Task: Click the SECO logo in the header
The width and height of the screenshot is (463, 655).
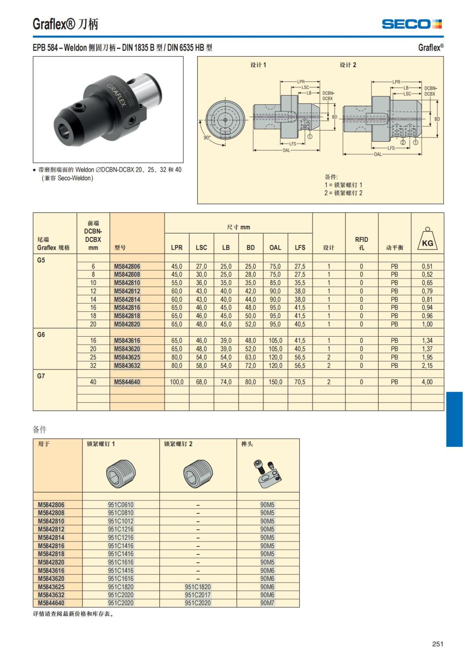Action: tap(412, 24)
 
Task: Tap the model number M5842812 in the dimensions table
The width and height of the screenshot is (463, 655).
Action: tap(127, 291)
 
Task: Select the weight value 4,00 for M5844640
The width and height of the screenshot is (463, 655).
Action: tap(427, 382)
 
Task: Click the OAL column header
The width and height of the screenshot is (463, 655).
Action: tap(275, 247)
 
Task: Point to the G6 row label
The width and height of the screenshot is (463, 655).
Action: tap(41, 335)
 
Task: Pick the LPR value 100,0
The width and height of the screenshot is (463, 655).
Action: tap(177, 382)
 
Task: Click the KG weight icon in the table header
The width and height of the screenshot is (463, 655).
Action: tap(428, 239)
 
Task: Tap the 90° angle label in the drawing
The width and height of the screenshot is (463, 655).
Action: tap(207, 137)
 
